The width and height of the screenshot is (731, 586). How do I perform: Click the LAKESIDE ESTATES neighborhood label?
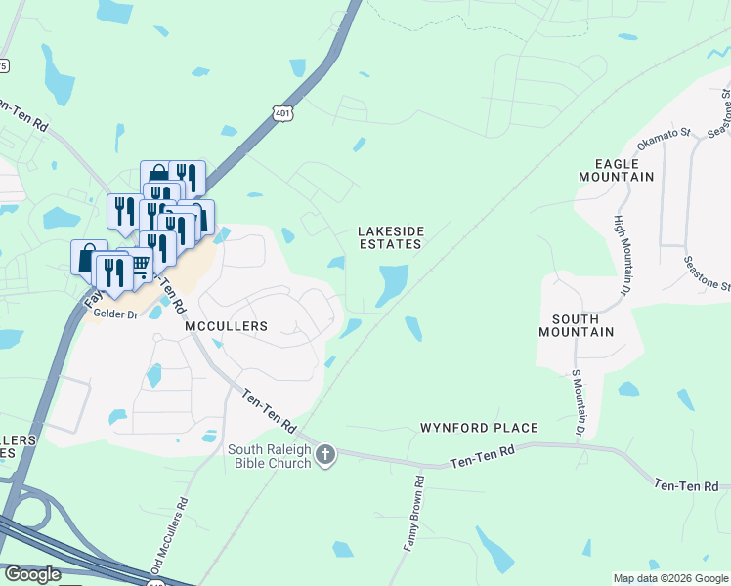(x=390, y=237)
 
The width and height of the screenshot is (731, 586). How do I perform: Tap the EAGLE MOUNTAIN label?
(x=616, y=170)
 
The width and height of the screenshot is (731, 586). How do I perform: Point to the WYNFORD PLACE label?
(x=479, y=428)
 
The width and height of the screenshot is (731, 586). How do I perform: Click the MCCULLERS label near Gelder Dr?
(x=226, y=326)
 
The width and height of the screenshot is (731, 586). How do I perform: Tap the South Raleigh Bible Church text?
(x=270, y=456)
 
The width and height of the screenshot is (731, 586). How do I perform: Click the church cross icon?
(x=325, y=455)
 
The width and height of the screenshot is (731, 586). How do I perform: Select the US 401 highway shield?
(x=282, y=115)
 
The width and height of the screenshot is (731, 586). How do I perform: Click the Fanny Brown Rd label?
(x=414, y=514)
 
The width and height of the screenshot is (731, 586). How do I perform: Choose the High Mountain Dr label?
(x=622, y=255)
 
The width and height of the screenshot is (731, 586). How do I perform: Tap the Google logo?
(x=32, y=574)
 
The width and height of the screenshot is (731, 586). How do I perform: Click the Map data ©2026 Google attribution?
(x=670, y=578)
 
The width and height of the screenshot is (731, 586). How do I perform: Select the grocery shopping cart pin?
(x=139, y=265)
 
